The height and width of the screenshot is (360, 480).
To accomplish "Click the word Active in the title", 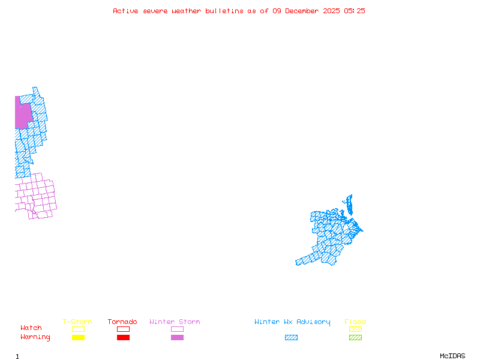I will pyautogui.click(x=125, y=11).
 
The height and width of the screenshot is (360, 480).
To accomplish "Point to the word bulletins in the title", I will pyautogui.click(x=225, y=11).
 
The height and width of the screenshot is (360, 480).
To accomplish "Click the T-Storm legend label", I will pyautogui.click(x=77, y=322).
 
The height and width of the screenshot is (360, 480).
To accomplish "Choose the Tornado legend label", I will pyautogui.click(x=122, y=322).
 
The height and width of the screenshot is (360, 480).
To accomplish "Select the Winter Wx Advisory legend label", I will pyautogui.click(x=292, y=322).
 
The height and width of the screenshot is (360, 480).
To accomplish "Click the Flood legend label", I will pyautogui.click(x=355, y=322).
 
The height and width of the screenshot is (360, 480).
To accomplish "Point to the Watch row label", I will pyautogui.click(x=31, y=328).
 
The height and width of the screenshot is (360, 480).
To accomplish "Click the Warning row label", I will pyautogui.click(x=35, y=337).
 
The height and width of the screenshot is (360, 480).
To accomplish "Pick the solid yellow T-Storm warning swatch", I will pyautogui.click(x=78, y=337).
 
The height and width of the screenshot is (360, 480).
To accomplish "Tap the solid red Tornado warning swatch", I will pyautogui.click(x=123, y=337).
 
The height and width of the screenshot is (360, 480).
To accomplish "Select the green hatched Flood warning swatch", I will pyautogui.click(x=355, y=337).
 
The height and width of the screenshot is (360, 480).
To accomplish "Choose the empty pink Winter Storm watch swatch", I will pyautogui.click(x=177, y=329).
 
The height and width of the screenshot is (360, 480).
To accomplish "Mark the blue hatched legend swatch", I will pyautogui.click(x=291, y=337).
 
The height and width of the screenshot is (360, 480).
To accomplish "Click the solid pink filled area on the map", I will pyautogui.click(x=22, y=115).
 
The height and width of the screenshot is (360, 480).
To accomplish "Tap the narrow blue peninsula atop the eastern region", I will pyautogui.click(x=349, y=204).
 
